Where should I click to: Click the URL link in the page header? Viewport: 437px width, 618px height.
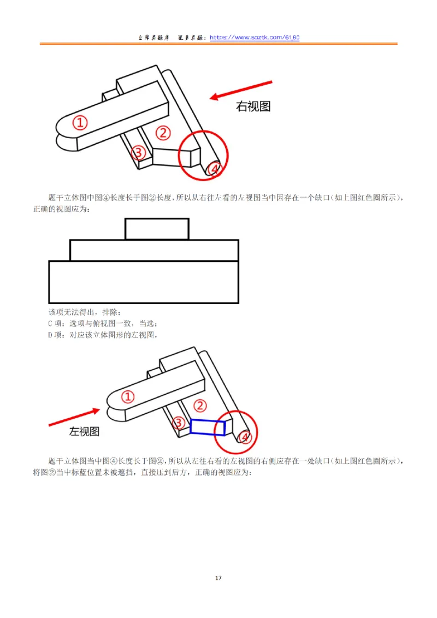coord(255,38)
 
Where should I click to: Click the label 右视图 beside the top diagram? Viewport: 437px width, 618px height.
coord(253,106)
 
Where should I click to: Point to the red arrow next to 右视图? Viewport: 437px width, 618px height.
coord(241,90)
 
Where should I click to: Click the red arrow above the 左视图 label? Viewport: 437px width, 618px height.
coord(73,416)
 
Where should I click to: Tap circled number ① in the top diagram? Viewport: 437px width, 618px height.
coord(81,123)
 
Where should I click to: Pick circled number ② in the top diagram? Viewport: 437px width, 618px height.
coord(163,132)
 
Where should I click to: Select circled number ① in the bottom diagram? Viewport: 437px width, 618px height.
coord(127,397)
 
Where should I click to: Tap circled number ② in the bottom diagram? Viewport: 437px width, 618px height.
coord(200,406)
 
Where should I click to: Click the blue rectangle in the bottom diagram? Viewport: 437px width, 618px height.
coord(208,427)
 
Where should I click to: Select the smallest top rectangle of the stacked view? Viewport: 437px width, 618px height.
coord(157,229)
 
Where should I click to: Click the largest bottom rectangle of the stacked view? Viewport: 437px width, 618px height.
coord(143,282)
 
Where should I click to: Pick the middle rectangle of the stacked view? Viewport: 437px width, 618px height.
coord(154,250)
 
